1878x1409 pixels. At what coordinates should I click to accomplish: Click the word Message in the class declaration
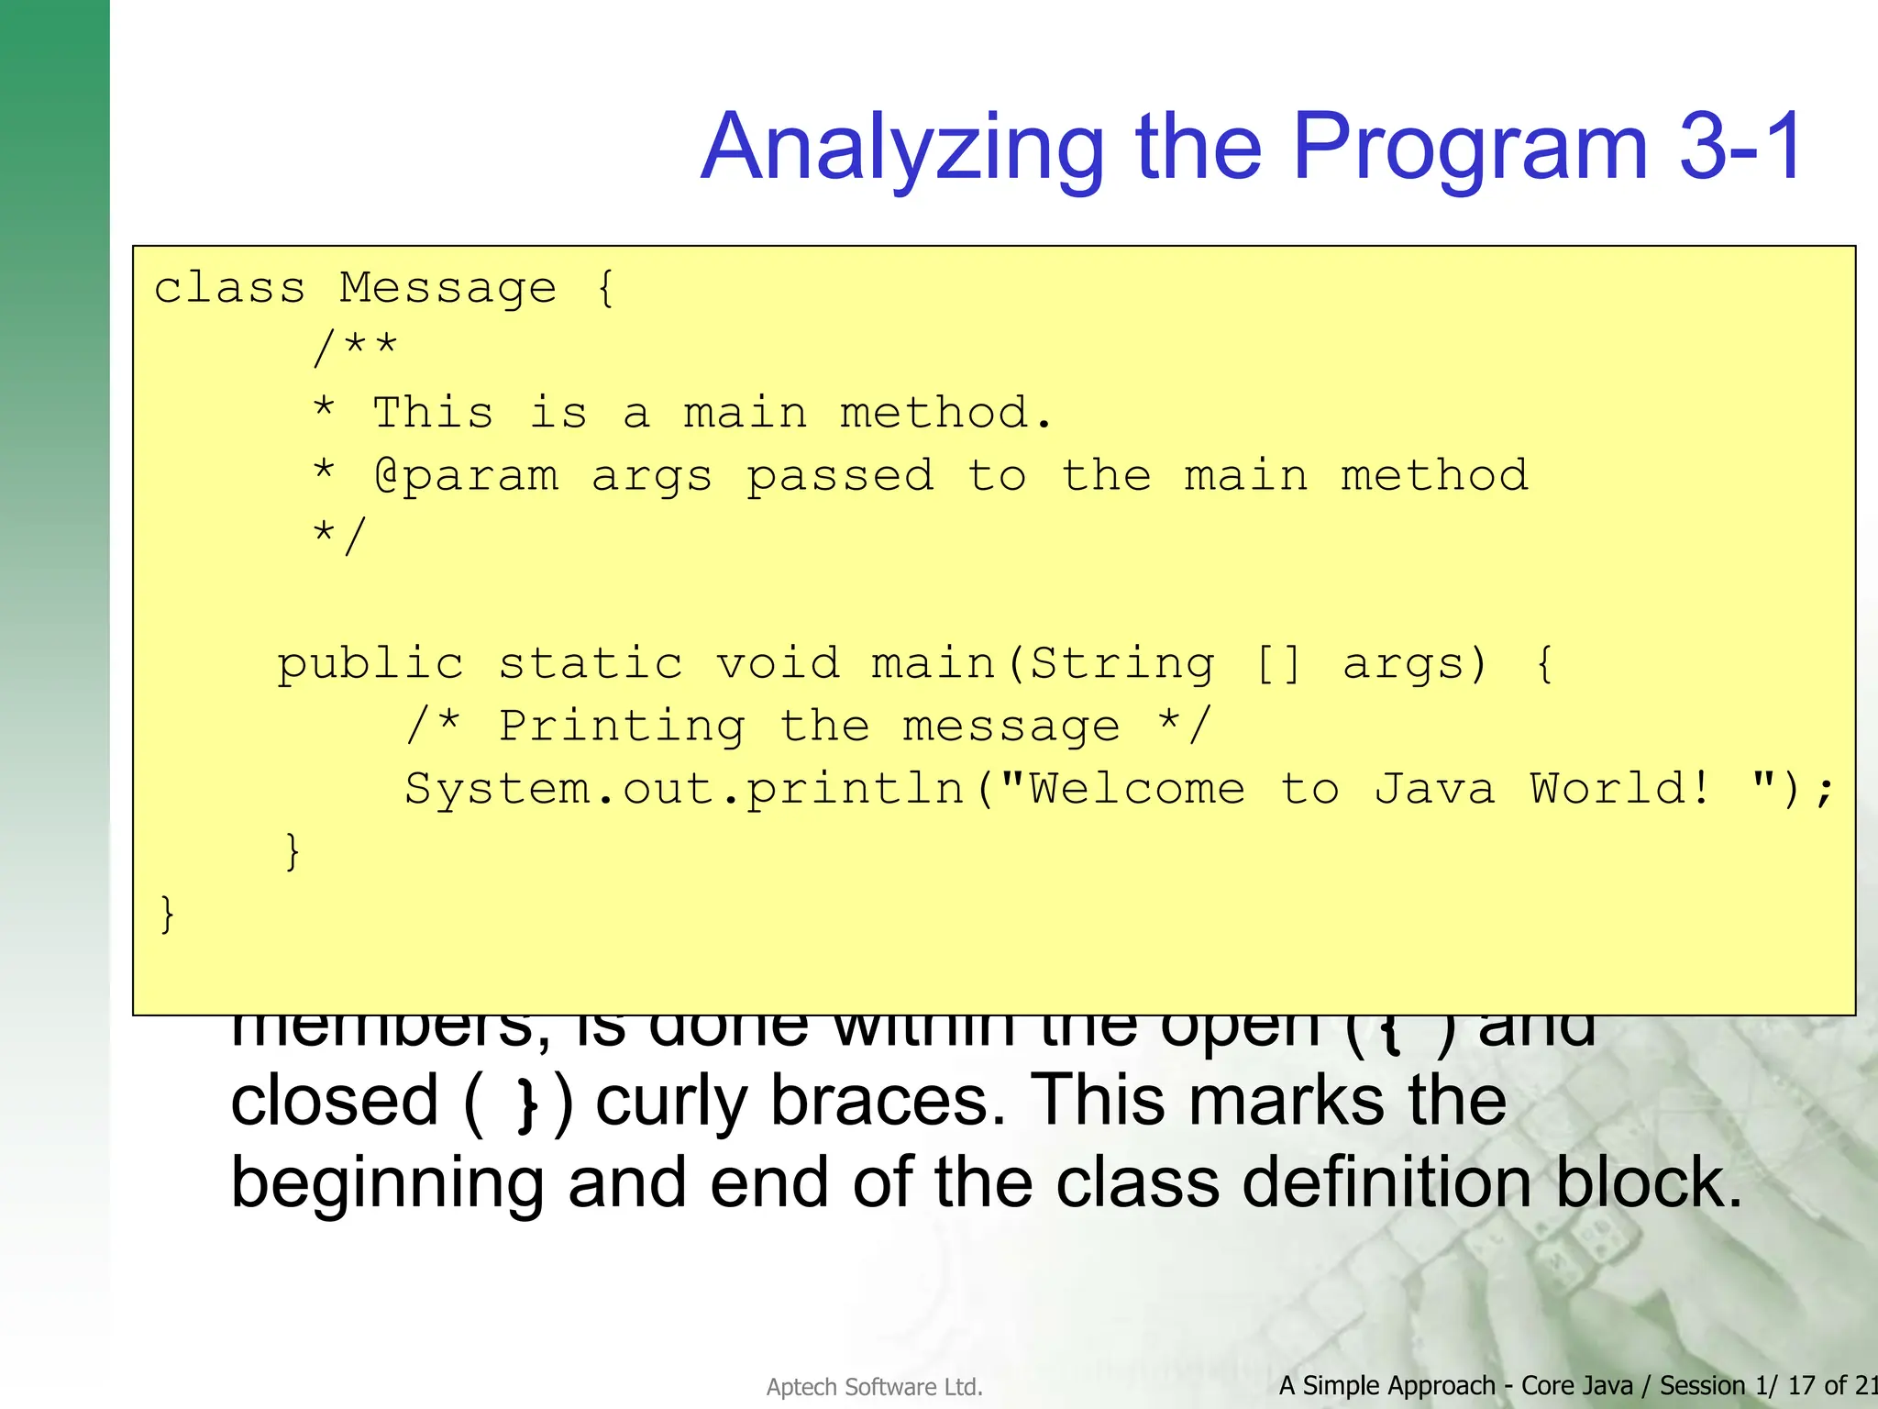coord(447,288)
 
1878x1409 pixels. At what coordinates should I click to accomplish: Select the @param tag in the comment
coord(467,476)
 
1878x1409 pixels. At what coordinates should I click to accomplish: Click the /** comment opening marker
coord(354,349)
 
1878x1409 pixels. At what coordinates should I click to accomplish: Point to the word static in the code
coord(591,663)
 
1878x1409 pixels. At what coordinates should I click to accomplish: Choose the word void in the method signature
coord(778,663)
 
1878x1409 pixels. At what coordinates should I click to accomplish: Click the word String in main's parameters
coord(1122,663)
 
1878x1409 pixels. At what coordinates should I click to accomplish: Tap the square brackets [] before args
coord(1277,663)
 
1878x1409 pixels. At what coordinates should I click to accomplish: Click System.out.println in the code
coord(683,789)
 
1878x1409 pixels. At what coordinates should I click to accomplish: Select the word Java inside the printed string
coord(1434,789)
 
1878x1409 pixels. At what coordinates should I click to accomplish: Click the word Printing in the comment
coord(622,727)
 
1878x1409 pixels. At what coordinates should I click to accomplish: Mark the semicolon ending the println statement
coord(1824,791)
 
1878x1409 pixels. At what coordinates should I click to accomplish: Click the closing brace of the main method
coord(292,851)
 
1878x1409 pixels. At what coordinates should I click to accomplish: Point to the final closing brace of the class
coord(167,914)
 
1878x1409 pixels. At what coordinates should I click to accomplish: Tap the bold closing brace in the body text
coord(526,1104)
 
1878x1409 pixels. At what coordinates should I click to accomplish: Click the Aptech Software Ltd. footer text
coord(874,1387)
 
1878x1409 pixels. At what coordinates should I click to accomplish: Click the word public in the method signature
coord(370,663)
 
